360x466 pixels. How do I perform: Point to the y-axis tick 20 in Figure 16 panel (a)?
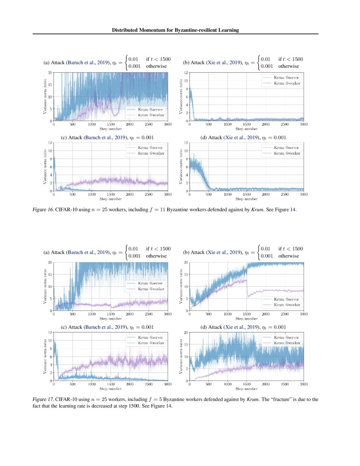[50, 73]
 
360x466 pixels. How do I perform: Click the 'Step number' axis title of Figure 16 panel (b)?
[246, 128]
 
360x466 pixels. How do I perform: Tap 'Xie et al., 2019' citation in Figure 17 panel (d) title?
[240, 327]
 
